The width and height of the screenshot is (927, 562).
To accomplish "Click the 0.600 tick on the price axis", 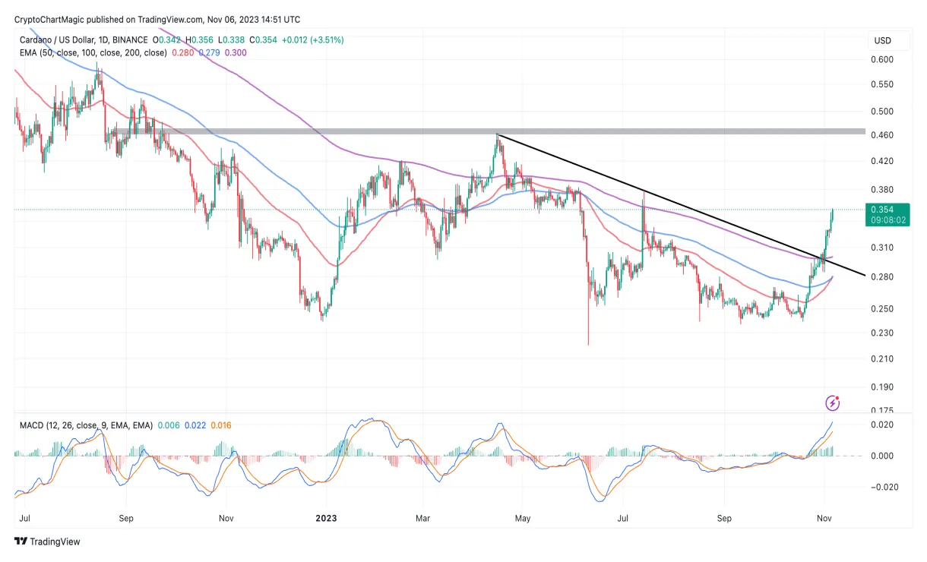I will coord(882,59).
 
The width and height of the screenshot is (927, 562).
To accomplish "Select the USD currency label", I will coord(882,40).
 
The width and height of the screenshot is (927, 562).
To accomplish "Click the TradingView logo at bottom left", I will coord(47,541).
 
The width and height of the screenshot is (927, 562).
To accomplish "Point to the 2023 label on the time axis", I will coord(326,519).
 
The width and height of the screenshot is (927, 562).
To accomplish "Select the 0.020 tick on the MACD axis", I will coord(882,425).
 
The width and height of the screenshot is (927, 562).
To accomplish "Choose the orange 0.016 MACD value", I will coord(220,425).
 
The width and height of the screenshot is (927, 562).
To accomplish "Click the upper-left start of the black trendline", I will coord(497,135).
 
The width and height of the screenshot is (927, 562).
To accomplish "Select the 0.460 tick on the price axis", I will coord(882,135).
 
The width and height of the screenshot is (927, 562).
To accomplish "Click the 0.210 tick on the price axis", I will coord(882,358).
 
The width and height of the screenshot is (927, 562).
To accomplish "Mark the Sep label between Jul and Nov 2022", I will coord(126,519).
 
